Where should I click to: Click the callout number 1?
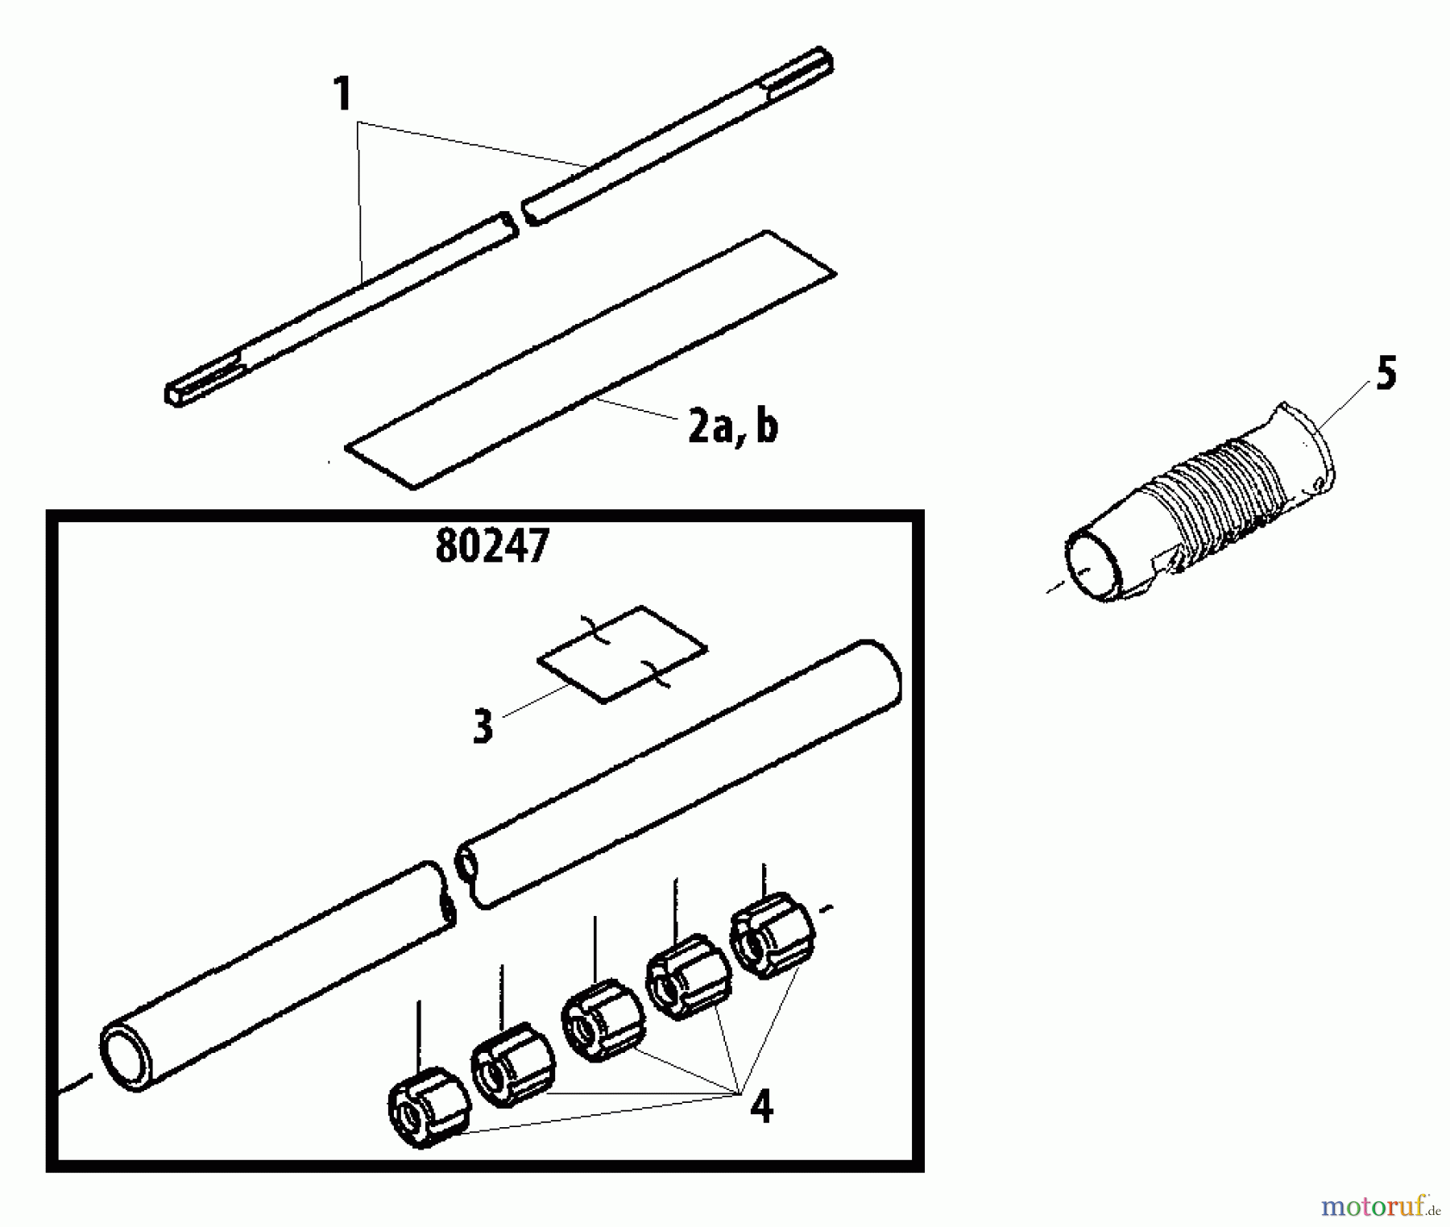click(x=343, y=95)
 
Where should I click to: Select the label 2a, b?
click(x=732, y=427)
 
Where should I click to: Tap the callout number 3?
click(x=483, y=726)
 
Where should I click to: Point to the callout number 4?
click(x=760, y=1106)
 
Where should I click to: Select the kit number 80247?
click(x=491, y=547)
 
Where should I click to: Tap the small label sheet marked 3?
click(x=623, y=654)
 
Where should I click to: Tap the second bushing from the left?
click(x=513, y=1063)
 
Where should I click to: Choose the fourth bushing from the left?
click(x=689, y=976)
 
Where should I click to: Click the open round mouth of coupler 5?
click(x=1092, y=564)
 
